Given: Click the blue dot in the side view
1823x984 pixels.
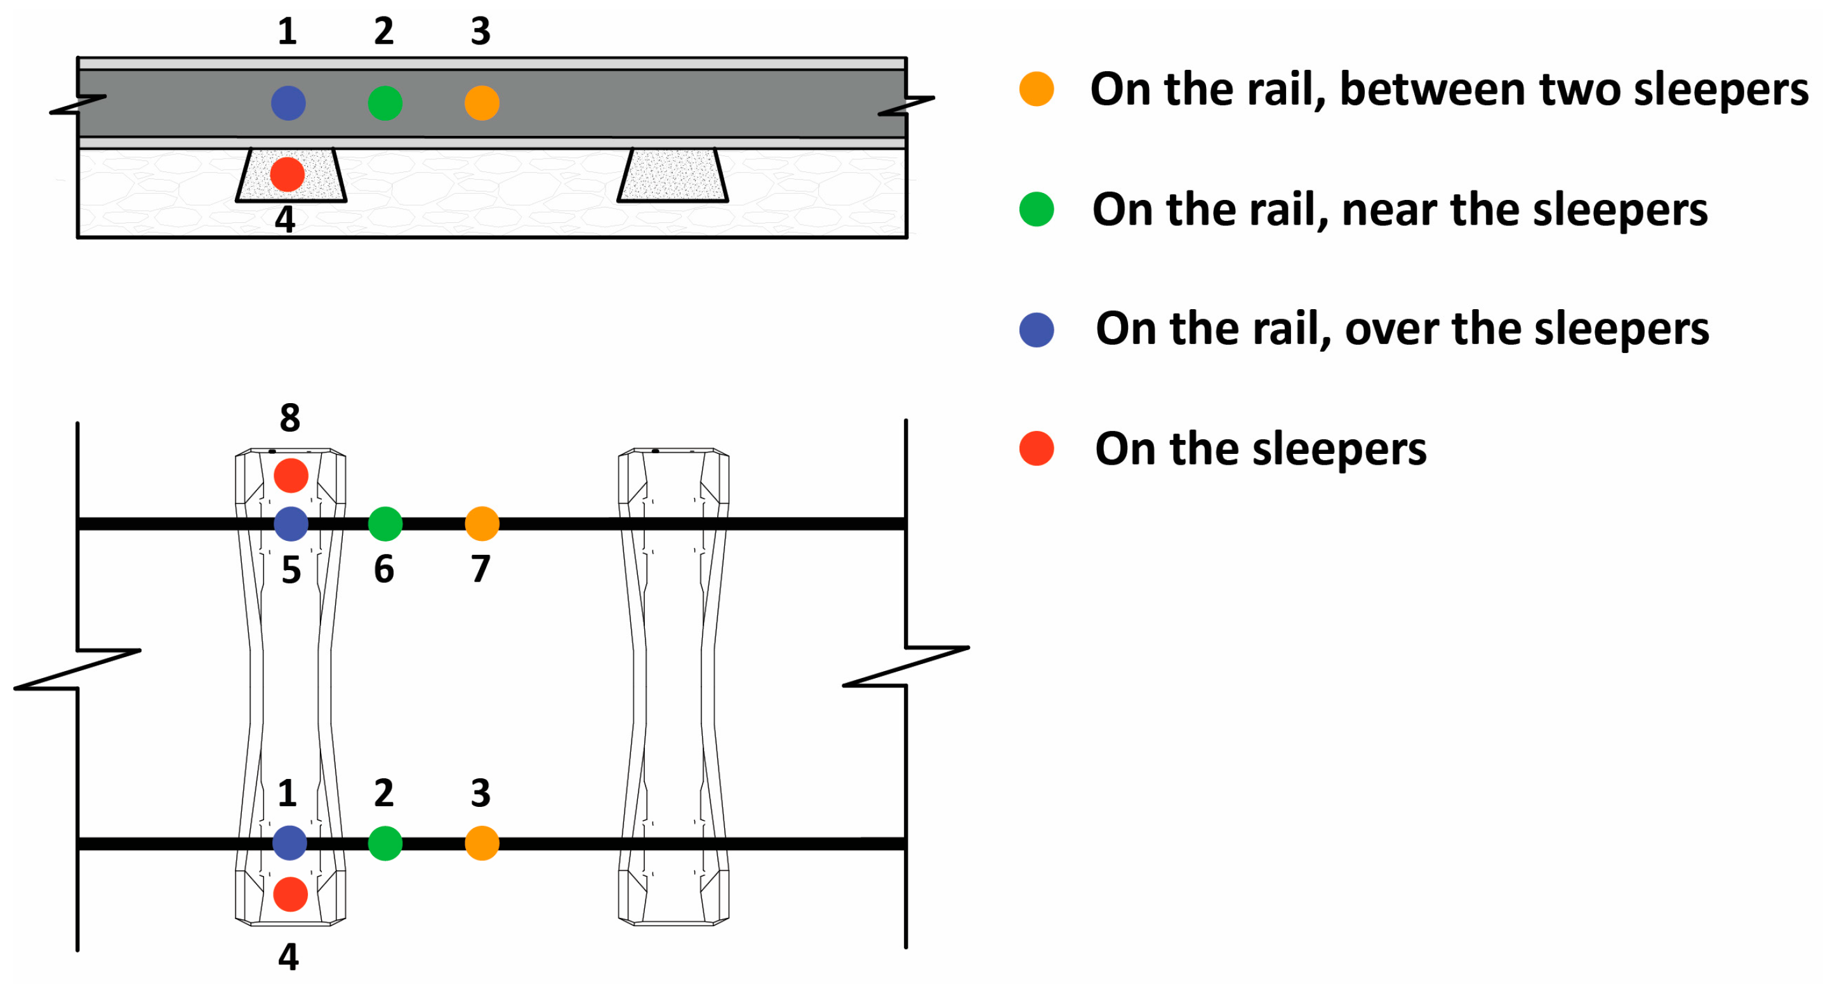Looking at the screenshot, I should coord(288,103).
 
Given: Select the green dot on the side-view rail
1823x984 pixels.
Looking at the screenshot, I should coord(385,103).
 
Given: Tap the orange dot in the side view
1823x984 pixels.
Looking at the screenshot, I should coord(482,103).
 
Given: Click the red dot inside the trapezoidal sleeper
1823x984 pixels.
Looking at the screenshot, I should coord(288,175).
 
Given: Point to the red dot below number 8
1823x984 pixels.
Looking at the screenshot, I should coord(291,475).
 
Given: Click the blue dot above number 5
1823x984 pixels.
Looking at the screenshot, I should coord(291,524).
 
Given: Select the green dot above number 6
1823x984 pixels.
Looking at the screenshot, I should coord(385,524).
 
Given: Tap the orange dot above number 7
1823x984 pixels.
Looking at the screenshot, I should coord(482,524).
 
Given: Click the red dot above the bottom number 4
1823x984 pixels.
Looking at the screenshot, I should coord(290,894).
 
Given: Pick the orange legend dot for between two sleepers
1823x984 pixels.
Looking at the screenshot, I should coord(1036,90).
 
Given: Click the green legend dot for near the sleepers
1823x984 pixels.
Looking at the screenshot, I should coord(1036,209).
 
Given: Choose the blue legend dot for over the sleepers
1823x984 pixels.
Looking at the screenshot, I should coord(1036,330).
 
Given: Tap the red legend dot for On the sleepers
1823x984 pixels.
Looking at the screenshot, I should coord(1036,449).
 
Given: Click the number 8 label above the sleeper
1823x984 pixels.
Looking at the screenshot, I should coord(289,418).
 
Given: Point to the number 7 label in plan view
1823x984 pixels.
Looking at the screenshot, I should coord(481,569).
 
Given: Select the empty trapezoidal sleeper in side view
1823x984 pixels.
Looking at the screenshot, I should coord(672,176).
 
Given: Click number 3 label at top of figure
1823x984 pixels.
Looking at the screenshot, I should coord(481,32).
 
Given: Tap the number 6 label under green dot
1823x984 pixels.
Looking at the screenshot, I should coord(383,569).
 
